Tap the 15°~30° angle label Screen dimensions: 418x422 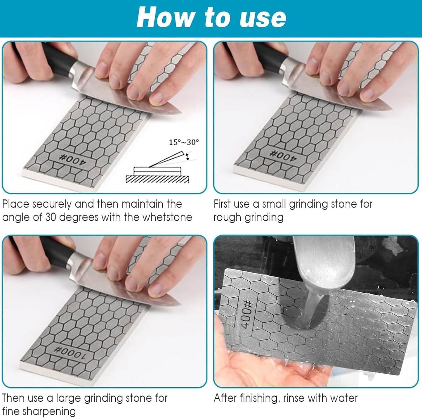pos(184,142)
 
